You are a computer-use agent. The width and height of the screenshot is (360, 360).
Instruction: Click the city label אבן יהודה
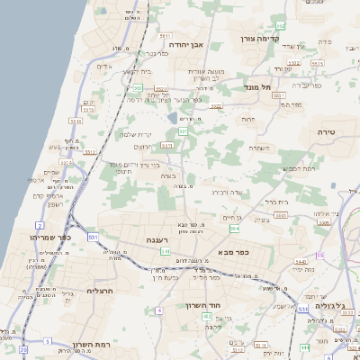(x=188, y=42)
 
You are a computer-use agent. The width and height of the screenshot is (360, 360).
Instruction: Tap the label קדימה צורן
(x=261, y=40)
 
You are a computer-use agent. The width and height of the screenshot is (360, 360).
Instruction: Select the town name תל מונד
(x=257, y=88)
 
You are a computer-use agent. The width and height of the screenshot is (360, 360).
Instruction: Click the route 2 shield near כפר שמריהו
(x=40, y=224)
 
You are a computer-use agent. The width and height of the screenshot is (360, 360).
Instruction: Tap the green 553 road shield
(x=183, y=131)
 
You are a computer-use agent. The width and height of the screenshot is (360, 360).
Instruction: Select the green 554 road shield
(x=234, y=205)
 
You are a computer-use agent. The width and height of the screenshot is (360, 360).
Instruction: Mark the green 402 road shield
(x=208, y=316)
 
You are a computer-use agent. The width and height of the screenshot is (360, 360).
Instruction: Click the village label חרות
(x=247, y=118)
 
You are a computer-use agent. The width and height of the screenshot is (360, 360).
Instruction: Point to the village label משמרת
(x=257, y=148)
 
